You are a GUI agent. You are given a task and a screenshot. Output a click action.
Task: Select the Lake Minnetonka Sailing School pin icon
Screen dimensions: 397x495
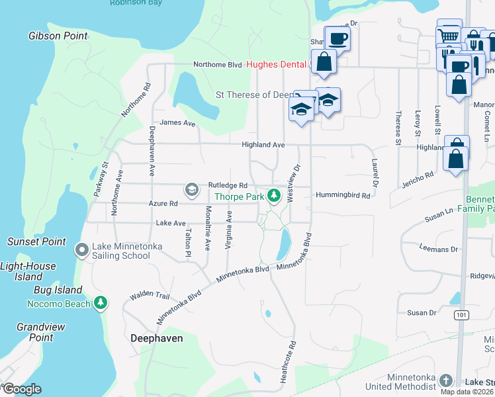click(82, 250)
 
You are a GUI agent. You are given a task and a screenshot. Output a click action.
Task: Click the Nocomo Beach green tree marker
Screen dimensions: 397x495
click(101, 303)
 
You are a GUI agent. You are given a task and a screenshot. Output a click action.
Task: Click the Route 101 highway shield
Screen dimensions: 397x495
click(461, 316)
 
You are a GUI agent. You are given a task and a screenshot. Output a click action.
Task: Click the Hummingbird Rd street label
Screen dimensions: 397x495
click(345, 195)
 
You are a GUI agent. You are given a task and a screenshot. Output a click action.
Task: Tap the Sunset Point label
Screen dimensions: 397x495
click(36, 242)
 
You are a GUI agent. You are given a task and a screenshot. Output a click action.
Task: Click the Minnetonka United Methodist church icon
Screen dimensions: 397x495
click(446, 380)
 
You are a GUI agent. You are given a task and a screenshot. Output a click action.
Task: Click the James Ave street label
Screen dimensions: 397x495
click(177, 122)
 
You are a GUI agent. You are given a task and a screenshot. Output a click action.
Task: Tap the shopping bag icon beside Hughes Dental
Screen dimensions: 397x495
click(324, 62)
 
